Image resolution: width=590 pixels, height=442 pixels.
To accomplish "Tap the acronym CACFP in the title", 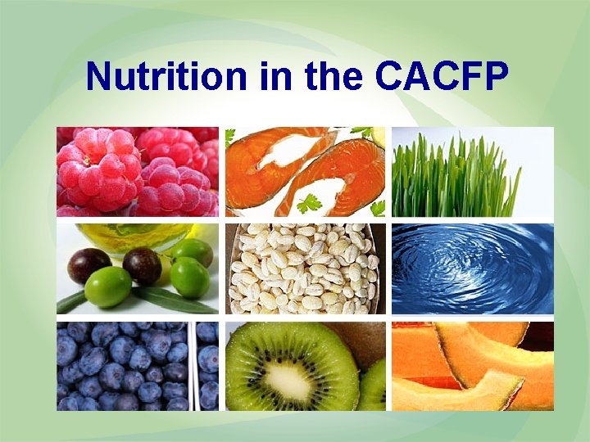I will click(x=442, y=78).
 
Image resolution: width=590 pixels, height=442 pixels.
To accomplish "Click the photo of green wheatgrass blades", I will click(x=472, y=171).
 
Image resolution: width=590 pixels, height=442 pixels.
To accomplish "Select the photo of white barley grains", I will click(x=304, y=268).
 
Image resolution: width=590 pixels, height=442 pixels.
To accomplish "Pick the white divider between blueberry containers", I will click(x=193, y=367).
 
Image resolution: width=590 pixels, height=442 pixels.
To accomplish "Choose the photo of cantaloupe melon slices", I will click(x=472, y=366).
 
